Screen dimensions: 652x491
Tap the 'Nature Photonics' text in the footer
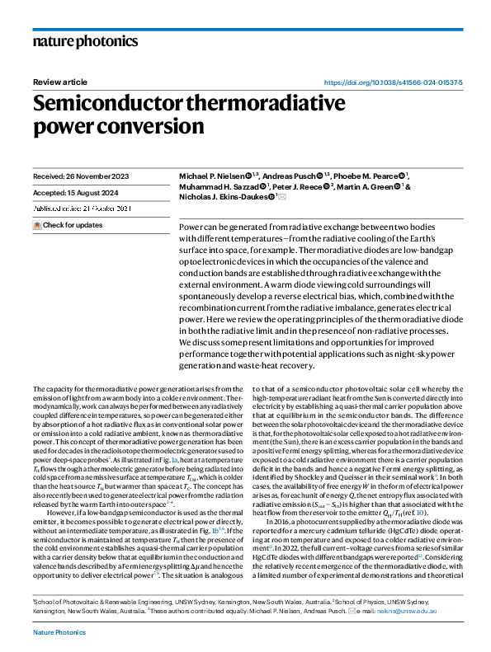(x=59, y=631)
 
